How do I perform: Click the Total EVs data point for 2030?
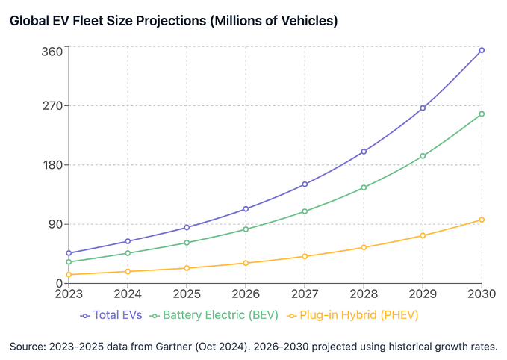[x=482, y=50]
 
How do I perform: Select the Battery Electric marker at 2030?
[x=482, y=114]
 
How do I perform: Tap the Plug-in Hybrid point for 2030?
[x=482, y=220]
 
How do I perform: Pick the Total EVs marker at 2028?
[x=364, y=152]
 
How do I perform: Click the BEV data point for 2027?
[x=305, y=211]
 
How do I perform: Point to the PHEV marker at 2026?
[x=246, y=263]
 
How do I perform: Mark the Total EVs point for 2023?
[x=69, y=253]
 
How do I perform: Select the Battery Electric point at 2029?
[x=423, y=156]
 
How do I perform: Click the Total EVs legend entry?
[x=111, y=316]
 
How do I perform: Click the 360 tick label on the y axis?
[x=51, y=51]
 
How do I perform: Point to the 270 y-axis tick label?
[x=51, y=105]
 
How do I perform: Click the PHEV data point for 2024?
[x=128, y=272]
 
